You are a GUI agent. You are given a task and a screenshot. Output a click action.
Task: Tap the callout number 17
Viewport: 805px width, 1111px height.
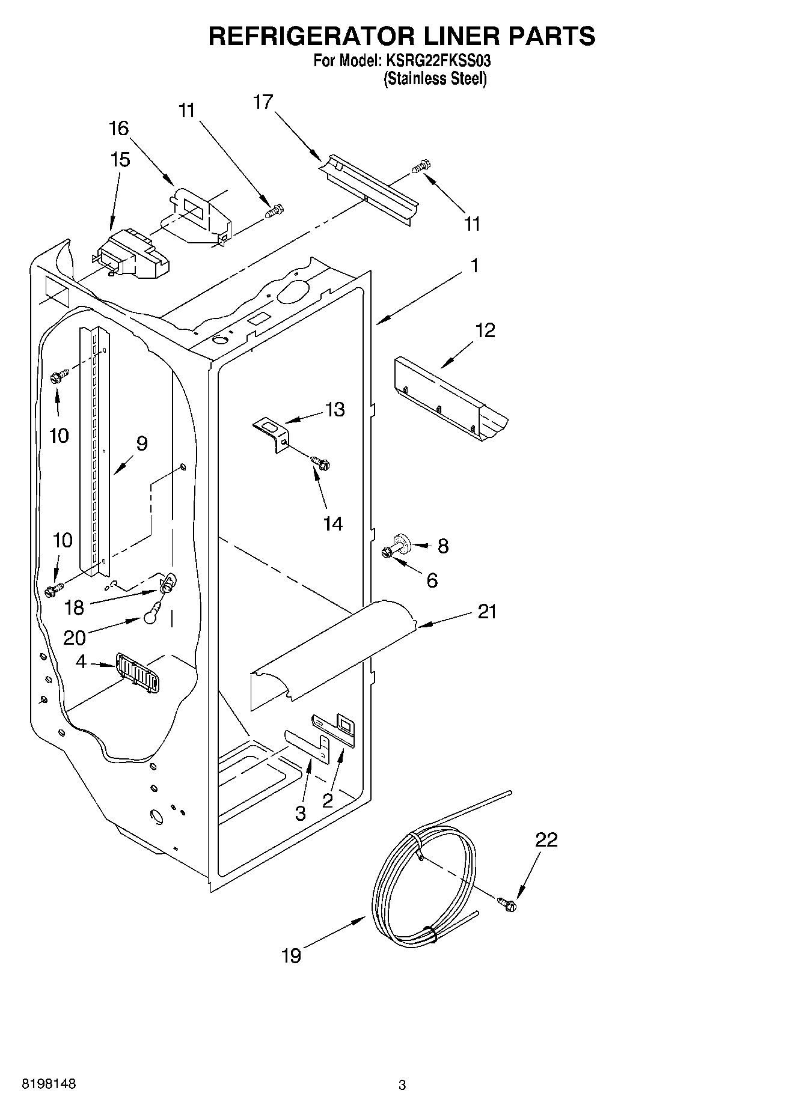[x=263, y=102]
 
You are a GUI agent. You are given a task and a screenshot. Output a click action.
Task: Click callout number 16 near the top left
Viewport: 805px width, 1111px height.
[x=119, y=128]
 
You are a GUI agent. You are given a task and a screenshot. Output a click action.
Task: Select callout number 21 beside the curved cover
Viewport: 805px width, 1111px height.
[x=487, y=612]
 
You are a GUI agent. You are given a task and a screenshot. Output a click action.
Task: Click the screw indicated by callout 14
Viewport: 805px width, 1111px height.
[x=321, y=463]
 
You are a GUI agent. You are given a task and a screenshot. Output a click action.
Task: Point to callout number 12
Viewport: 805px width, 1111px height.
[x=485, y=330]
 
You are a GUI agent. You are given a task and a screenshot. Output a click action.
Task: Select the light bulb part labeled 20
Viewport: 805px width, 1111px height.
[x=153, y=615]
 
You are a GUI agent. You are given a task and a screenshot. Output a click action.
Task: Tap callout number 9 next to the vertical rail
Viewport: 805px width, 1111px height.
[x=141, y=443]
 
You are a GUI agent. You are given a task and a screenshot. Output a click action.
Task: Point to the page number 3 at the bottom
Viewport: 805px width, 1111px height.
[x=402, y=1085]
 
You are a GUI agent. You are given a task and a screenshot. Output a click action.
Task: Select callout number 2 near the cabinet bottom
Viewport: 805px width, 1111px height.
[x=328, y=800]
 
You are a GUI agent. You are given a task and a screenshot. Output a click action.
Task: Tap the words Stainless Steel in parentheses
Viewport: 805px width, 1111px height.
[x=435, y=79]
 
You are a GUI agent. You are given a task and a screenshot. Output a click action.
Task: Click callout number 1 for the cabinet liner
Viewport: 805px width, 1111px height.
[x=475, y=265]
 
